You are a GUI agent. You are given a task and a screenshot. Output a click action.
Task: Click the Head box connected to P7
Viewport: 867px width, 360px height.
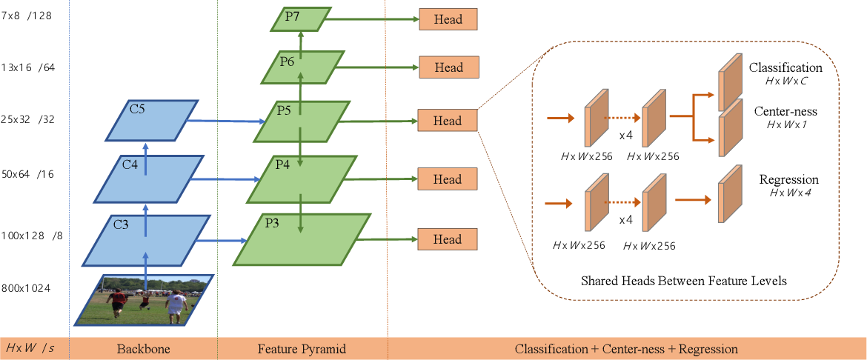point(448,19)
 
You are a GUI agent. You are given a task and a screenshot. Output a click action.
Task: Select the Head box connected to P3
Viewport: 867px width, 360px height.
point(448,239)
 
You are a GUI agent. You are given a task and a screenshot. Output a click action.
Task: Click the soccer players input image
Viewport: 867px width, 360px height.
point(144,299)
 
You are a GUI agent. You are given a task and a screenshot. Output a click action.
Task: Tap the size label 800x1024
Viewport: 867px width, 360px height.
point(26,288)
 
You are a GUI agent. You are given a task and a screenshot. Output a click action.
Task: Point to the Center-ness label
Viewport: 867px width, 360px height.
point(785,113)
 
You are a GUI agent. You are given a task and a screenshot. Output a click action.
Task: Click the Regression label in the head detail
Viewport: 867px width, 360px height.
point(788,180)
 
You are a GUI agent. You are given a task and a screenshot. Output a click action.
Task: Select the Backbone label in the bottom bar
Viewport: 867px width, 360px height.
point(143,348)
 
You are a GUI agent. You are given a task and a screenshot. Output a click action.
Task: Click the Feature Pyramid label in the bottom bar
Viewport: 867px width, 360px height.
point(302,348)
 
